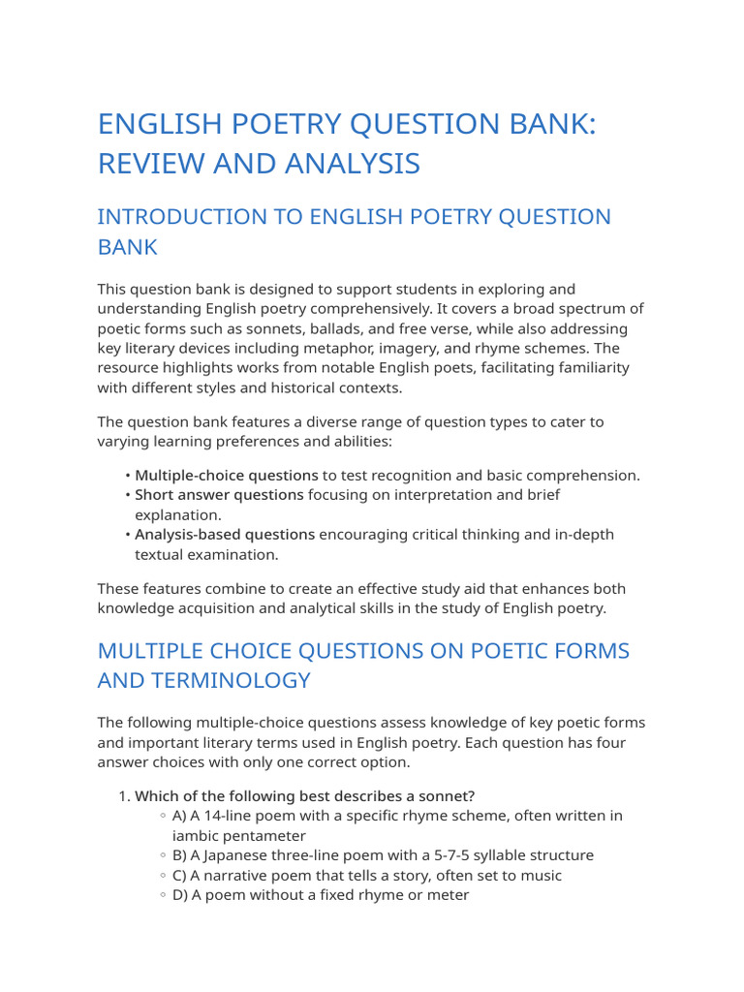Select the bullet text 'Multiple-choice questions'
(226, 476)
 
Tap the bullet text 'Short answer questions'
(219, 495)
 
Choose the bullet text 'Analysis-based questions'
(225, 535)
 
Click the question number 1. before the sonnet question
(124, 796)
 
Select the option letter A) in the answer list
(180, 816)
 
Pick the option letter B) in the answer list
(180, 855)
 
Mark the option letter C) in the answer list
(180, 876)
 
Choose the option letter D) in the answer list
(180, 895)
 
